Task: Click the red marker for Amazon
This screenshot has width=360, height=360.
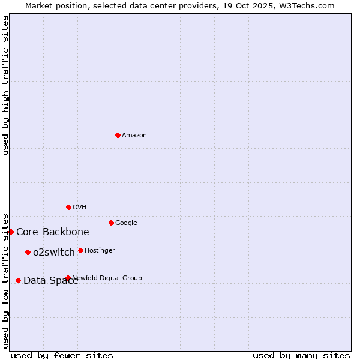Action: [118, 135]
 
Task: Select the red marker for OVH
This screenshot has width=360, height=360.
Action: [68, 207]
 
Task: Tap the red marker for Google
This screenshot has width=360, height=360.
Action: [111, 223]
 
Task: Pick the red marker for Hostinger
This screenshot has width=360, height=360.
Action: [80, 250]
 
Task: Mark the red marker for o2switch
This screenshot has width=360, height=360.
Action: [28, 252]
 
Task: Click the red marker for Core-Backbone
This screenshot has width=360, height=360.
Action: [11, 232]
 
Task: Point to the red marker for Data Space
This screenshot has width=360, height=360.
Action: [18, 280]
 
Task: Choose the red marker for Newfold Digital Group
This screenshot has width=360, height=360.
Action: [68, 278]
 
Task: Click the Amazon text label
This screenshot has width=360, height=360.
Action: [134, 136]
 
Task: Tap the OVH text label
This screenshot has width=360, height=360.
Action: [80, 208]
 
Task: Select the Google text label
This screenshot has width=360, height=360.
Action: [126, 223]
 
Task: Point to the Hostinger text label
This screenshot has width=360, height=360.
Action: [100, 251]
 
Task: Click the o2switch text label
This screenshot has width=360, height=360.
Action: [54, 253]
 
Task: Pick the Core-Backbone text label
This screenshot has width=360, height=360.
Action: [53, 232]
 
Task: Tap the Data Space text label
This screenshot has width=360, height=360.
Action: [50, 281]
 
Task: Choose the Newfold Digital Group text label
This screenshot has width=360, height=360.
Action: [107, 278]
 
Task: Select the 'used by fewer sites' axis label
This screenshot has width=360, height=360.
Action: [62, 355]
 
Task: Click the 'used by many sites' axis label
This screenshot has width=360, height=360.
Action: [301, 355]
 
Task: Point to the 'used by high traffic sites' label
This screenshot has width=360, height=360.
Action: [6, 85]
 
